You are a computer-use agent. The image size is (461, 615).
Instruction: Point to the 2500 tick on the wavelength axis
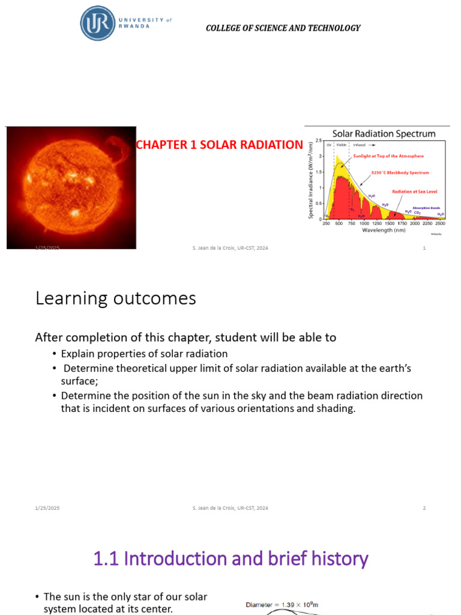tap(440, 223)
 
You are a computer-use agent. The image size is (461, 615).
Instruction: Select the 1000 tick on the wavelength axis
tap(364, 223)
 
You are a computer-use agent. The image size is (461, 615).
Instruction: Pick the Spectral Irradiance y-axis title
tap(311, 180)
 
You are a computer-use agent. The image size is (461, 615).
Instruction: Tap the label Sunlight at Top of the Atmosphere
tap(388, 156)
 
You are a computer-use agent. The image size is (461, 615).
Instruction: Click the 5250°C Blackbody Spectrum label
tap(401, 173)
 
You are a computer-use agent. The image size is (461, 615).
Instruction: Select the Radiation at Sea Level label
tap(415, 192)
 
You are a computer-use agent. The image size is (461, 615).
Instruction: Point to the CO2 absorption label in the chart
tap(417, 212)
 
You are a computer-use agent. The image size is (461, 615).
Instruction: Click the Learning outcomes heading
tap(116, 298)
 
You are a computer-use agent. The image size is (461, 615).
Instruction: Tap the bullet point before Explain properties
tap(55, 354)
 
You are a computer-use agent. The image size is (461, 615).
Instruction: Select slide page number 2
tap(424, 508)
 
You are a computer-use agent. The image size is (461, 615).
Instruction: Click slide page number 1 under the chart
tap(424, 248)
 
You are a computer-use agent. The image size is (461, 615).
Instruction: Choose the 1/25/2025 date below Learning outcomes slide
tap(47, 508)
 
